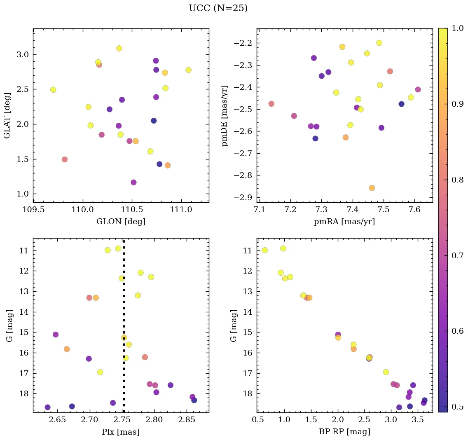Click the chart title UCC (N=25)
(218, 8)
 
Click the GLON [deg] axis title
(121, 222)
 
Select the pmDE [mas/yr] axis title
(225, 115)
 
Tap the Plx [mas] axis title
(121, 432)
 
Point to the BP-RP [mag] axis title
(344, 432)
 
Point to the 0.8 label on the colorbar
(458, 180)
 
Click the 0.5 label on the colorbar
(458, 407)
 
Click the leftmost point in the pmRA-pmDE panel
(271, 104)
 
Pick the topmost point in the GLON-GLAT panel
(119, 48)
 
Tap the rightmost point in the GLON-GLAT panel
(188, 70)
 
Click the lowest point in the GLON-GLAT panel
(133, 183)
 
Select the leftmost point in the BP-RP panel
(264, 250)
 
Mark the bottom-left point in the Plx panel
(47, 407)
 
